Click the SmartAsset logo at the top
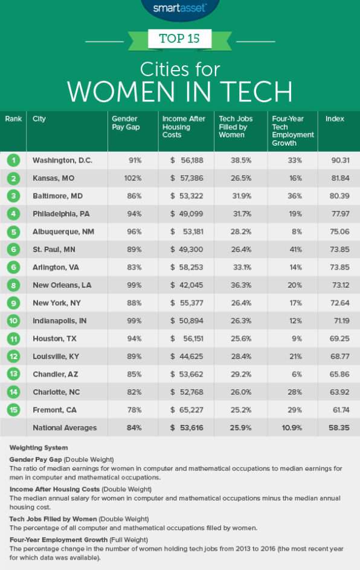179,8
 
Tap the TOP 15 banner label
179,39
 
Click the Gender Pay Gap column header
126,123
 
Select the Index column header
335,119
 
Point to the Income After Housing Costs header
184,127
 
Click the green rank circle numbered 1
13,160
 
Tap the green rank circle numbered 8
13,285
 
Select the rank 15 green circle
13,410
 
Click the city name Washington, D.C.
62,160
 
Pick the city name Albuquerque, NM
63,232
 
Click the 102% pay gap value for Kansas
133,178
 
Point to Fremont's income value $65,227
187,410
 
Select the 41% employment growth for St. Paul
296,250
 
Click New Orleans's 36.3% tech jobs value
241,285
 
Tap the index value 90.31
341,160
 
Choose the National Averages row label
65,428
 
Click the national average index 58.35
339,428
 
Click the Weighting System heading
39,448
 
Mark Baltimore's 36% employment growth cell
295,196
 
